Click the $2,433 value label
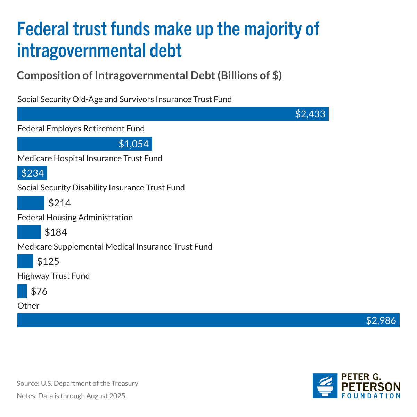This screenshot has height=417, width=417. coord(310,114)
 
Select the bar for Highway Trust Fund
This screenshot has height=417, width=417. coord(22,291)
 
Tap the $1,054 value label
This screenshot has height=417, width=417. coord(133,144)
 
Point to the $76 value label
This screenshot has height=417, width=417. coord(39,291)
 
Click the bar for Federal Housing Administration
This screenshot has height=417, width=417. coord(29,232)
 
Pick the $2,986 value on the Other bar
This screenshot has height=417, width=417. coord(381,320)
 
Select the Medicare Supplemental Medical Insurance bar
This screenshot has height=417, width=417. coord(25,261)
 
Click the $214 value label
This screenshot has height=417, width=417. coord(59,203)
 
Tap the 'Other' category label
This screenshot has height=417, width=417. coord(28,306)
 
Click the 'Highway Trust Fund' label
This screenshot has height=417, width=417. coord(54,276)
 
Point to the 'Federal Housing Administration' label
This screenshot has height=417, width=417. coord(75,218)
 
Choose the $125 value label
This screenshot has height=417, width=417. coord(48,261)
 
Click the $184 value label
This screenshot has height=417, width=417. coord(56,232)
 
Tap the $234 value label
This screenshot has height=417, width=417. coord(33,173)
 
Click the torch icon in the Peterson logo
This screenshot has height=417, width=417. coord(325,386)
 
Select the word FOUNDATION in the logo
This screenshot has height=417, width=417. coord(371,396)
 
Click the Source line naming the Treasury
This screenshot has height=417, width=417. coord(77,383)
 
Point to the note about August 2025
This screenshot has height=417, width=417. coord(72,396)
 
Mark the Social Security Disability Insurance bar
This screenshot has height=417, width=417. coord(31,203)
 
